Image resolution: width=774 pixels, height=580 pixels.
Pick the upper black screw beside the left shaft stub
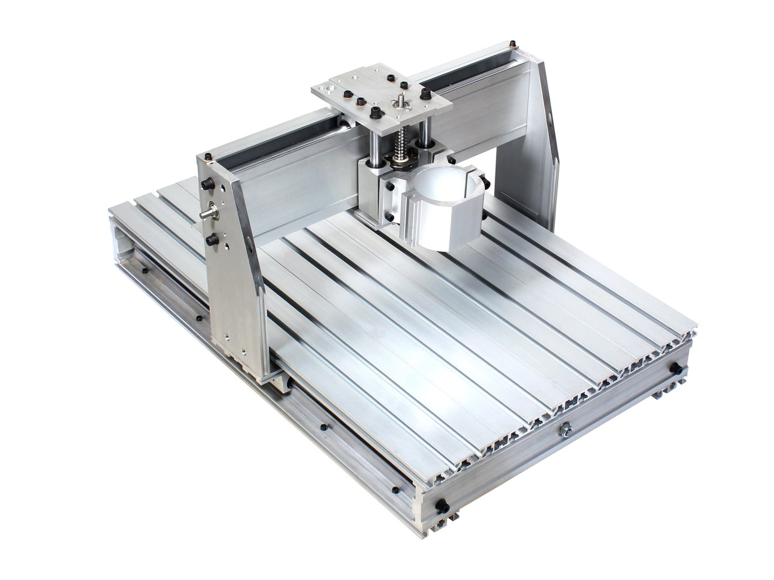pyautogui.click(x=208, y=185)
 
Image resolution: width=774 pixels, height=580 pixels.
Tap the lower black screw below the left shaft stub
pyautogui.click(x=211, y=239)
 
